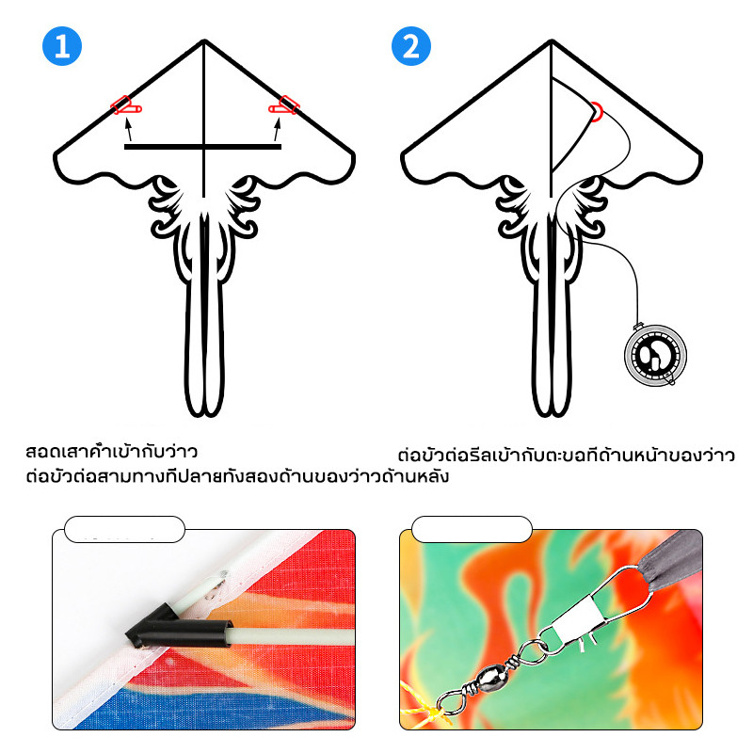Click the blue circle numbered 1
[62, 46]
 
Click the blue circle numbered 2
[411, 46]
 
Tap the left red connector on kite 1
[125, 105]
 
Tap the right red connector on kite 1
[284, 105]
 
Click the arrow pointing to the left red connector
[128, 129]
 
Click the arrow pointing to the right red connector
[277, 129]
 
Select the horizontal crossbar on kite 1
[202, 147]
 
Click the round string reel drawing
[655, 355]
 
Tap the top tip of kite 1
[204, 40]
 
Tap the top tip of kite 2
[552, 40]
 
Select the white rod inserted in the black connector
[293, 636]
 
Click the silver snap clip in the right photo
[596, 610]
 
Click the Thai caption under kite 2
[567, 455]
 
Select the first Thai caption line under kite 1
[111, 452]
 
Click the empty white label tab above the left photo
[124, 529]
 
